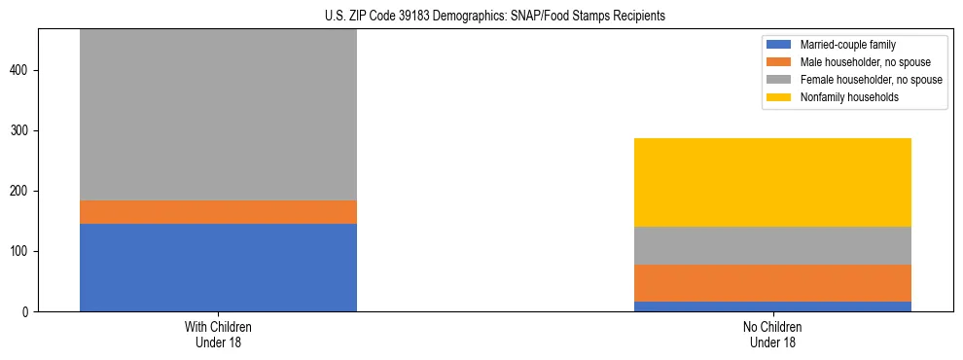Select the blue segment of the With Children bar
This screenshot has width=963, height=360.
point(218,268)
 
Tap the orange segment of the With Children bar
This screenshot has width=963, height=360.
point(218,212)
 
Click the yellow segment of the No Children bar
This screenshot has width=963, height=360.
point(772,182)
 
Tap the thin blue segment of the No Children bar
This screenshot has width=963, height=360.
point(772,306)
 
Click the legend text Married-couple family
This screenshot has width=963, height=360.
point(847,45)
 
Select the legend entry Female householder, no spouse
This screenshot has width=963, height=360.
point(871,80)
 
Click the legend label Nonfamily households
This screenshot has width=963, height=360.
point(848,97)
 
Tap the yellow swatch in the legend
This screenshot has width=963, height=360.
point(779,97)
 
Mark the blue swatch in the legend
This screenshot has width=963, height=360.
point(779,45)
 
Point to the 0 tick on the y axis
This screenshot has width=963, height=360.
point(29,311)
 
